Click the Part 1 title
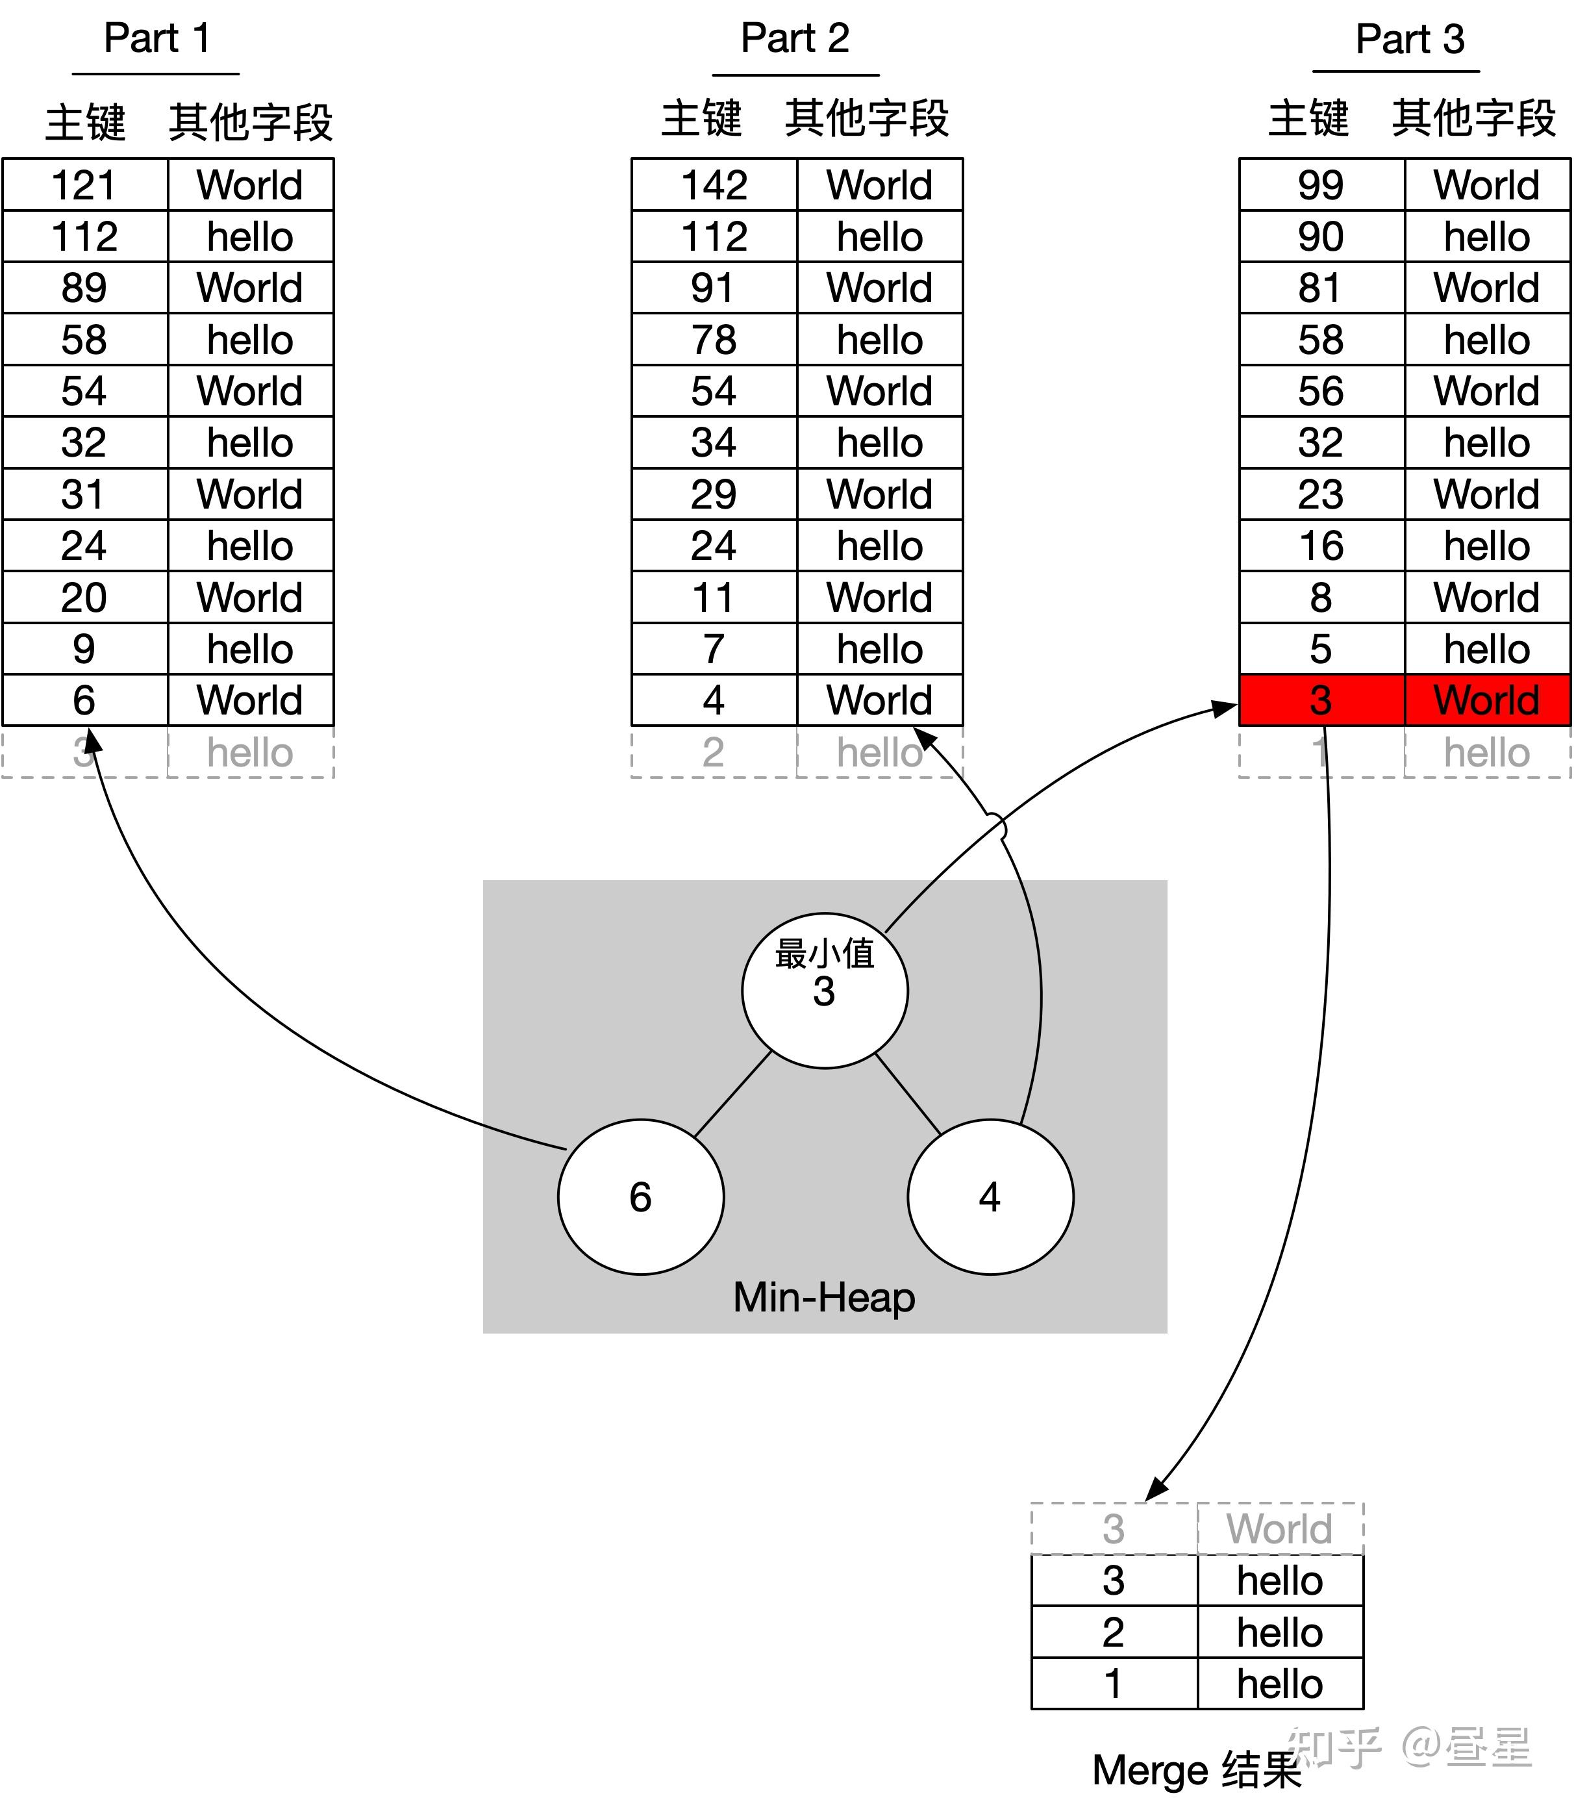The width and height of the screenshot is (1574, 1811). (x=156, y=39)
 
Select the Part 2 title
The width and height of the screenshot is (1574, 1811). (x=794, y=39)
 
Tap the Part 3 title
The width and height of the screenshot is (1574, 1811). (x=1409, y=40)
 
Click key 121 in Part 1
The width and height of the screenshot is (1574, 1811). (x=84, y=185)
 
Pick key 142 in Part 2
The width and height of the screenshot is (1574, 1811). (x=713, y=185)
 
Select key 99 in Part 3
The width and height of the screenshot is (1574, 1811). (x=1320, y=185)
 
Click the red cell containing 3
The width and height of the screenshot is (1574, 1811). (x=1320, y=700)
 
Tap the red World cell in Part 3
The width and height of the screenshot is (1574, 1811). (x=1486, y=700)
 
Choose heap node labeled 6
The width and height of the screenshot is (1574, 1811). (x=640, y=1197)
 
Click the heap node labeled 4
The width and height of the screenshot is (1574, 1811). (x=990, y=1197)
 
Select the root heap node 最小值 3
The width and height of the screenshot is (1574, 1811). (x=824, y=991)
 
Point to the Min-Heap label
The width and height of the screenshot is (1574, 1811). (x=824, y=1298)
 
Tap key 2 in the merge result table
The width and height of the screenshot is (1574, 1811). (x=1113, y=1632)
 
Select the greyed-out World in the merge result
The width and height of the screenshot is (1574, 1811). (x=1279, y=1529)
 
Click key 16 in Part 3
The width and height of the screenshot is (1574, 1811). (x=1320, y=546)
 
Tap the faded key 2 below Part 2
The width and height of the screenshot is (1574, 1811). (x=713, y=752)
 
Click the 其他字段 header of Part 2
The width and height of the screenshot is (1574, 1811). (x=866, y=119)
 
